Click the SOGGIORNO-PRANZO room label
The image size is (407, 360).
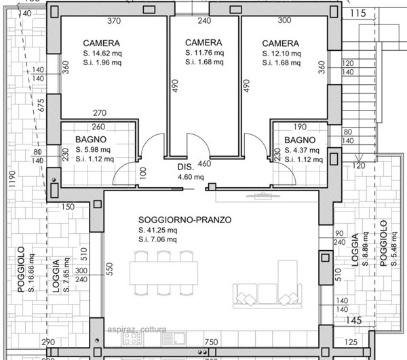pyautogui.click(x=185, y=220)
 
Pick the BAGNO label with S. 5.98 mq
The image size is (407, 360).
pyautogui.click(x=90, y=139)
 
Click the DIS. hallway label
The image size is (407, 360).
pyautogui.click(x=186, y=167)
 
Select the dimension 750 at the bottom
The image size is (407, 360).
pyautogui.click(x=210, y=342)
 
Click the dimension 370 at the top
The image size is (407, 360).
pyautogui.click(x=114, y=21)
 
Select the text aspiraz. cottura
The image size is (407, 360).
pyautogui.click(x=138, y=329)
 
